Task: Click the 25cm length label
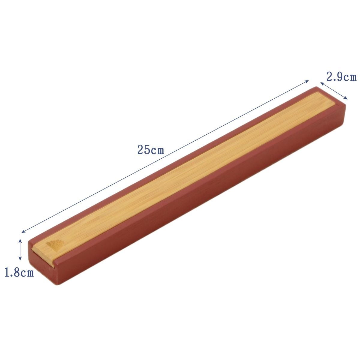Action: point(151,150)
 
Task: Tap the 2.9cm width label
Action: point(341,77)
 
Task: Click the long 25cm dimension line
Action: point(165,156)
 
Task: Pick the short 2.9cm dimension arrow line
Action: point(334,91)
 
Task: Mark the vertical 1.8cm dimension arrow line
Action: point(20,250)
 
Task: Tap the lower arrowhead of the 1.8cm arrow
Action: point(20,259)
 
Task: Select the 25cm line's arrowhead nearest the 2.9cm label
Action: point(307,81)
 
